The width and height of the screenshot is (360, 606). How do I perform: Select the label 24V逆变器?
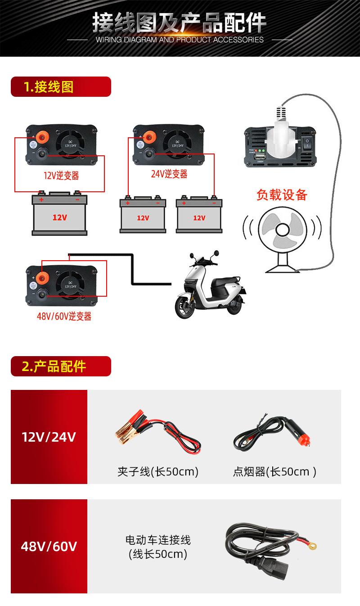click(169, 174)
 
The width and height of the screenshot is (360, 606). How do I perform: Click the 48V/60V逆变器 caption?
click(64, 317)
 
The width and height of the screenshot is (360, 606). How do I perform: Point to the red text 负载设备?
click(282, 194)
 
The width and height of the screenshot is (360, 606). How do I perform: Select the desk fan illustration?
click(281, 234)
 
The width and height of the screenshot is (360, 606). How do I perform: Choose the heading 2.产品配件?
click(54, 366)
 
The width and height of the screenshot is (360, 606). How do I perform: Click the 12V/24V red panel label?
click(49, 437)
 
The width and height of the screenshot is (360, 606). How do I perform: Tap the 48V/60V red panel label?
click(49, 547)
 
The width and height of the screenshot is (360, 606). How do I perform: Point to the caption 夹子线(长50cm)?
click(157, 471)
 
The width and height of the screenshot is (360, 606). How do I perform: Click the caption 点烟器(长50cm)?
click(274, 471)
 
